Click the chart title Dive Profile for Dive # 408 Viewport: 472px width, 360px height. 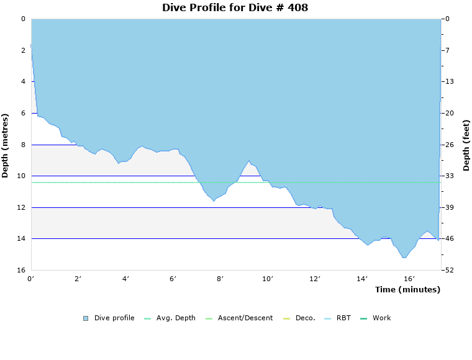[235, 8]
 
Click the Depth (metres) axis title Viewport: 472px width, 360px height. [6, 145]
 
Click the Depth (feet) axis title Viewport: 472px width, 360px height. [466, 145]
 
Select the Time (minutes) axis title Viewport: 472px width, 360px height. [407, 290]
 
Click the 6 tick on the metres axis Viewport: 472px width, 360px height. [22, 114]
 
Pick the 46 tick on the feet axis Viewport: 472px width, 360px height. [448, 239]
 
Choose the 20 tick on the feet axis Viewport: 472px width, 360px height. [448, 114]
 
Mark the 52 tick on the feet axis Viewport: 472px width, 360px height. [448, 271]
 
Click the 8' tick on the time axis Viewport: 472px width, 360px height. [220, 279]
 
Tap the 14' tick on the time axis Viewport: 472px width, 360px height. [363, 279]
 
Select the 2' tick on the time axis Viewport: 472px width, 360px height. [78, 279]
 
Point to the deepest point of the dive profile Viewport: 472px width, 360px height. [404, 258]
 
